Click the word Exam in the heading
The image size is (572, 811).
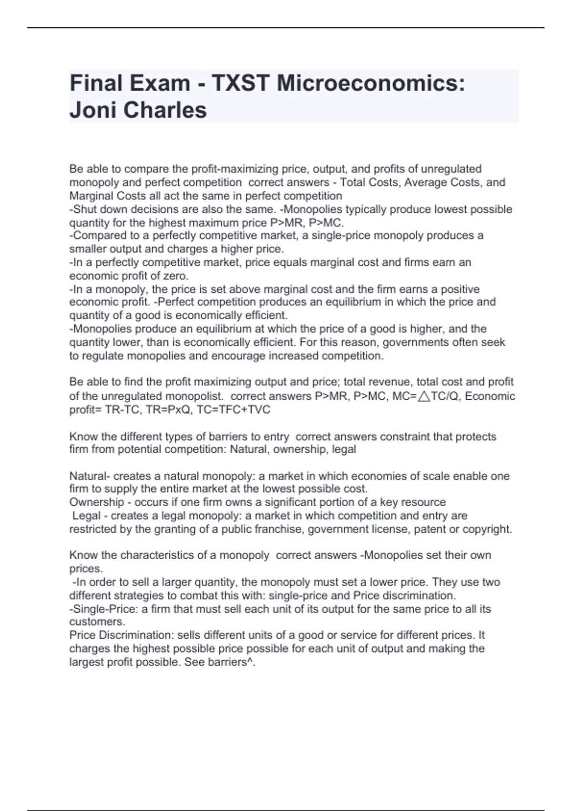coord(161,83)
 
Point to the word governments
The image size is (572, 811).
coord(417,342)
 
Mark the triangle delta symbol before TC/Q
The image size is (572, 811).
coord(423,396)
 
